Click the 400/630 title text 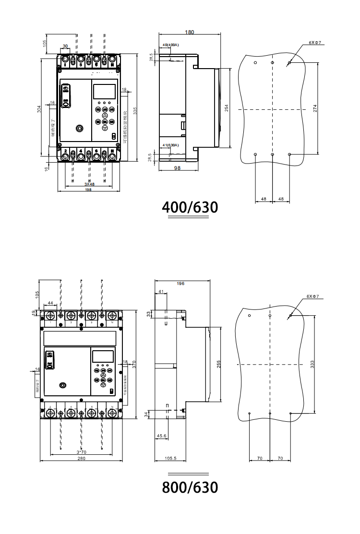point(190,207)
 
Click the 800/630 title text point(190,487)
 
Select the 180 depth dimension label point(190,32)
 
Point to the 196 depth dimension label point(180,284)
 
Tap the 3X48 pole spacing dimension point(89,184)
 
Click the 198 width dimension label point(88,190)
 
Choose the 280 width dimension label point(81,459)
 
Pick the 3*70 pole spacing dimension point(81,452)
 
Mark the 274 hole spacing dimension point(315,108)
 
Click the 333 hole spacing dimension point(312,364)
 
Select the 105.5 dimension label point(171,459)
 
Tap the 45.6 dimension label point(162,436)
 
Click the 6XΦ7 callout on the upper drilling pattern point(315,43)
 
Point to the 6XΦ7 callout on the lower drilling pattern point(313,297)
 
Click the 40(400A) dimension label point(171,45)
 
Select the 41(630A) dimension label point(171,145)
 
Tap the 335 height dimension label point(135,110)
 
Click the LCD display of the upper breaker point(104,92)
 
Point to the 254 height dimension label point(227,108)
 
